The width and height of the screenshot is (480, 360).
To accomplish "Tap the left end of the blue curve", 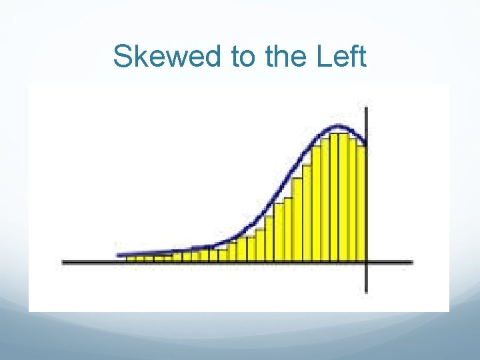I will click(119, 255).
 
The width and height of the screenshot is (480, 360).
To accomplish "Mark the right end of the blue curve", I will click(365, 143).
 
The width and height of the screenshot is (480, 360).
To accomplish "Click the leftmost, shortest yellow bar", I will click(131, 259).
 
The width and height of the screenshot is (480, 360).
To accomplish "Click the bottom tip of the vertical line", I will click(367, 291).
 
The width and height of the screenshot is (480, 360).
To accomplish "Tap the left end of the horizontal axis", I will click(63, 262).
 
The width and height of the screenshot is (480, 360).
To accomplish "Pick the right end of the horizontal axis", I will click(412, 262).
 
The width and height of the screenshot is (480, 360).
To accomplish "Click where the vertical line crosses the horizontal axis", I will click(367, 262).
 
